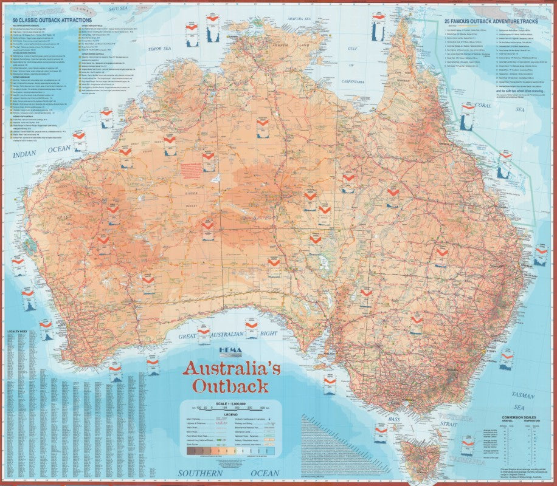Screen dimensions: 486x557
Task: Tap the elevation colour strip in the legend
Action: tap(232, 450)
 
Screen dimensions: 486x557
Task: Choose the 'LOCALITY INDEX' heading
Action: tap(18, 334)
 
